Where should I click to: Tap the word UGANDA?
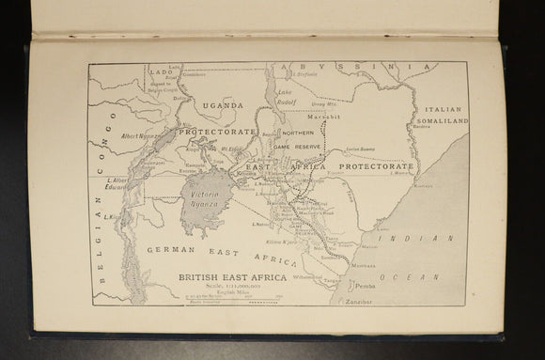[x=222, y=105]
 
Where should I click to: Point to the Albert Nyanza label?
[x=141, y=136]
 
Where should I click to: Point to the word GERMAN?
[x=170, y=249]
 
